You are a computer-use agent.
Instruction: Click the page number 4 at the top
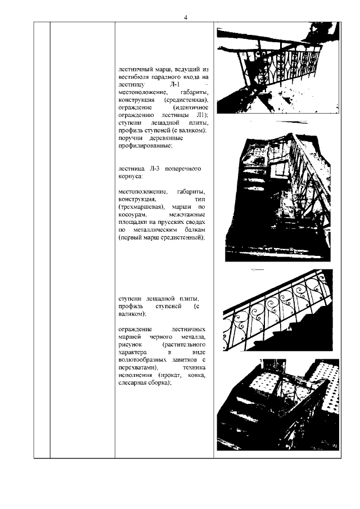tap(185, 17)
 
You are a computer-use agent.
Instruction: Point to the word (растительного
tap(183, 343)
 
